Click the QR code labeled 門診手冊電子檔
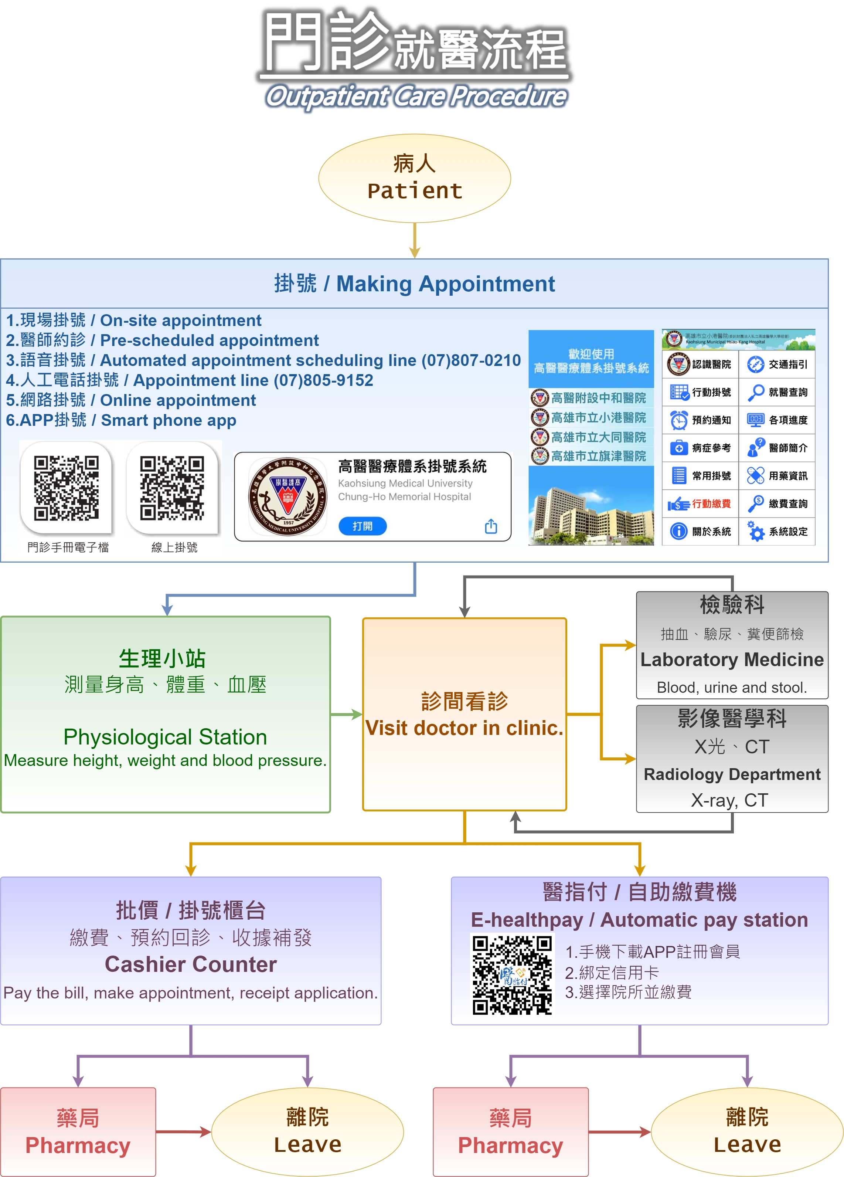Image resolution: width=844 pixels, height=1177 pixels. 67,488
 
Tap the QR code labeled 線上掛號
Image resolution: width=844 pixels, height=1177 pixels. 172,488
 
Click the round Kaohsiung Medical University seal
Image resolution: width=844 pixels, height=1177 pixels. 288,497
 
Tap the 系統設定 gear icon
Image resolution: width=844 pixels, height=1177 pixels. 756,532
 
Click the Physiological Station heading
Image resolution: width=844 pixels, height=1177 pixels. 165,737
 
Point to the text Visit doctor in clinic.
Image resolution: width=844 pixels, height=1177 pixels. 464,728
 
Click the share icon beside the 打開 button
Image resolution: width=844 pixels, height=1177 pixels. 491,526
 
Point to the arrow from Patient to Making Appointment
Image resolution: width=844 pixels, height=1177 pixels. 415,240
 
